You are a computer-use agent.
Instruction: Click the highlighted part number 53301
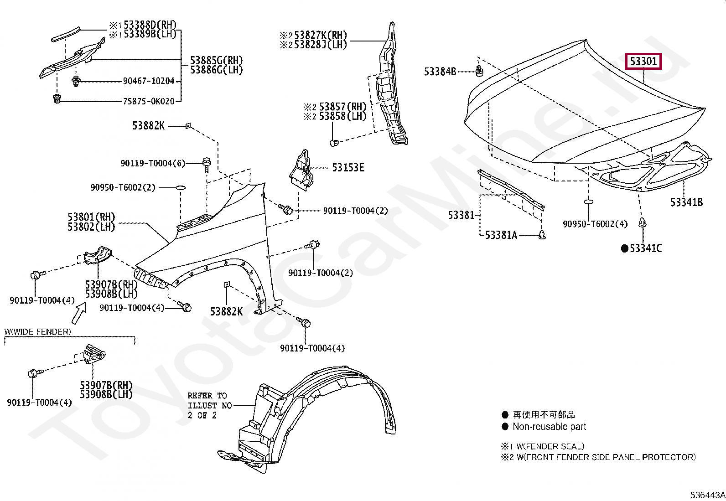(x=644, y=61)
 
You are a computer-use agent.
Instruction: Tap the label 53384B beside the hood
(x=440, y=72)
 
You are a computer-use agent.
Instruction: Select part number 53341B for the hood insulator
(x=686, y=202)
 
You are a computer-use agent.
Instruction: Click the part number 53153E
(x=348, y=168)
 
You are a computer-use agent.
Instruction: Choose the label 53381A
(x=501, y=235)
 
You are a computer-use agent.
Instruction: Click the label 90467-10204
(x=149, y=81)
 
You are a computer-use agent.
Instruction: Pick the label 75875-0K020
(x=149, y=101)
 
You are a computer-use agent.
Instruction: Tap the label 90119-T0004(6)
(x=153, y=163)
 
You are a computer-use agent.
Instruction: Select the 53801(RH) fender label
(x=92, y=217)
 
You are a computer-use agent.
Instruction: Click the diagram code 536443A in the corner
(x=707, y=495)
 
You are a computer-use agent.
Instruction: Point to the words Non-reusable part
(x=549, y=427)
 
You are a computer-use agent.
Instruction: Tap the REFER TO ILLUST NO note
(x=209, y=405)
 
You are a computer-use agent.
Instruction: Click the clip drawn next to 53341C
(x=643, y=223)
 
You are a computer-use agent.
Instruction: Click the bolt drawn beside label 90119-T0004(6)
(x=207, y=163)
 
